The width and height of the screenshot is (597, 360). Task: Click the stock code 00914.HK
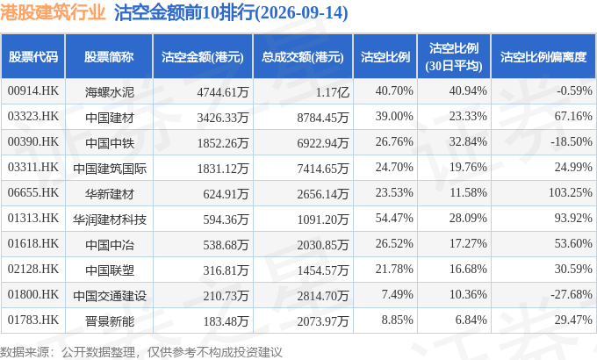(x=33, y=90)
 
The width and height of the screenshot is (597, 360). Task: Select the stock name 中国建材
(x=110, y=118)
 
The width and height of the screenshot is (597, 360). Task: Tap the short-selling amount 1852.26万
(x=223, y=143)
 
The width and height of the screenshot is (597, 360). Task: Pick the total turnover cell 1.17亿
(x=333, y=92)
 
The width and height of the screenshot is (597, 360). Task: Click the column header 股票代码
(x=33, y=57)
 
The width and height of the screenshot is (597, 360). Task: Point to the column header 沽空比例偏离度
(x=543, y=57)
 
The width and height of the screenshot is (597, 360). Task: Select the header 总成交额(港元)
(x=303, y=57)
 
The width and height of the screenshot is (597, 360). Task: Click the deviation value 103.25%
(x=571, y=192)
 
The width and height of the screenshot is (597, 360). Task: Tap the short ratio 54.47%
(x=394, y=218)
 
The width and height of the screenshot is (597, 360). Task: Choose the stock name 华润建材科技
(x=110, y=220)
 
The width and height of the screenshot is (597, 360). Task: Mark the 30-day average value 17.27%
(x=468, y=243)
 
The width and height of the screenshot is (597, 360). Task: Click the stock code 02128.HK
(x=33, y=269)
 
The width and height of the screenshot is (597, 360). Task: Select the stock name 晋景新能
(x=110, y=321)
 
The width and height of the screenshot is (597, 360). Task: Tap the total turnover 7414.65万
(x=323, y=169)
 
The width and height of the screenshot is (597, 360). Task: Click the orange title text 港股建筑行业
(x=53, y=12)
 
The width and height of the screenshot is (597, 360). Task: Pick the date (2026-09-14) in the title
(x=301, y=12)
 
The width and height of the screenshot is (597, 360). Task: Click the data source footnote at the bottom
(x=140, y=351)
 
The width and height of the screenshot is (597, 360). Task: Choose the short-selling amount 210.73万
(x=226, y=296)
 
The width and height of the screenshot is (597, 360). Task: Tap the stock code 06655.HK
(x=33, y=192)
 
